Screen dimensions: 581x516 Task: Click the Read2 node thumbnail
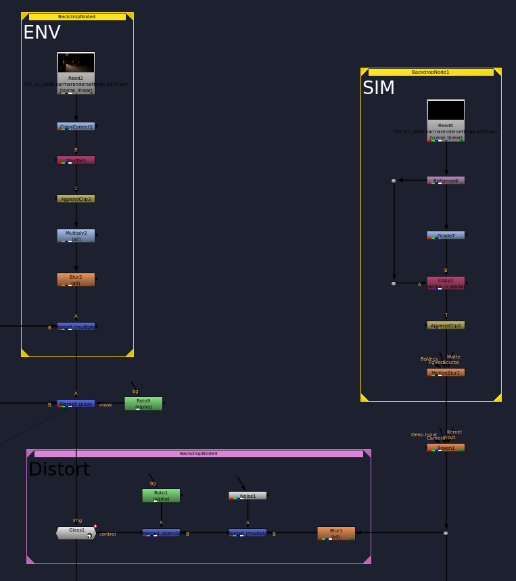pos(76,63)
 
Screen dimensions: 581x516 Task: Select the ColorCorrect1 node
pos(76,126)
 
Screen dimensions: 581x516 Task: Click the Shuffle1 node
pos(76,160)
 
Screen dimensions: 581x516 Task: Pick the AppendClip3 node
pos(76,199)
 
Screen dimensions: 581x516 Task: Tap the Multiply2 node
pos(76,235)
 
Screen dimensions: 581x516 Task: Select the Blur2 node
pos(76,279)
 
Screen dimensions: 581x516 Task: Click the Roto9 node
pos(143,403)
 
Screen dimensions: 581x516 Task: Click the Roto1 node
pos(161,495)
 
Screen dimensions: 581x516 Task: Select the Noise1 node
pos(248,496)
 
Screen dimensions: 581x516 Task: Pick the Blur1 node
pos(336,533)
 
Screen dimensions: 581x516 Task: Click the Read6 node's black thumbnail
pos(446,110)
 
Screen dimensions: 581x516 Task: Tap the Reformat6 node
pos(446,181)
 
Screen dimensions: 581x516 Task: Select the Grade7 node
pos(446,235)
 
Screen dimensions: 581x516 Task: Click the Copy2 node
pos(446,283)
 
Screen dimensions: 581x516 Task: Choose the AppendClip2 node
pos(446,325)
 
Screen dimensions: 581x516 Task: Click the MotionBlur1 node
pos(446,373)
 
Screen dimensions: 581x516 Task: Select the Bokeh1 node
pos(446,448)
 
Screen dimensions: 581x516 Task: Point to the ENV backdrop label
pos(42,32)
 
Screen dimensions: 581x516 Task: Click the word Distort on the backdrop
pos(59,469)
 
